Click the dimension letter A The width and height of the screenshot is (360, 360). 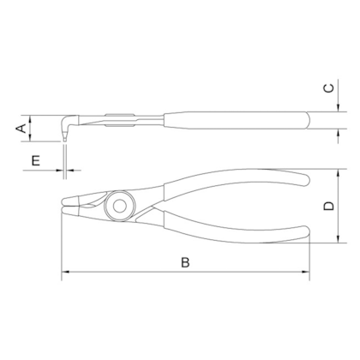click(x=21, y=129)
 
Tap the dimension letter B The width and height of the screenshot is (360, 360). click(x=185, y=262)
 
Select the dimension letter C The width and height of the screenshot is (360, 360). click(x=329, y=88)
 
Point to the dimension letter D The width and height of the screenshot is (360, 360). click(x=329, y=206)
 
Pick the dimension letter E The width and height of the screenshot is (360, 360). click(x=36, y=160)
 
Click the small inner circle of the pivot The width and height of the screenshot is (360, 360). click(x=119, y=206)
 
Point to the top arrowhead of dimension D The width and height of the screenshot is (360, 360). click(x=339, y=173)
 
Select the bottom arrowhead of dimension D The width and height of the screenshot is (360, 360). click(x=339, y=239)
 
